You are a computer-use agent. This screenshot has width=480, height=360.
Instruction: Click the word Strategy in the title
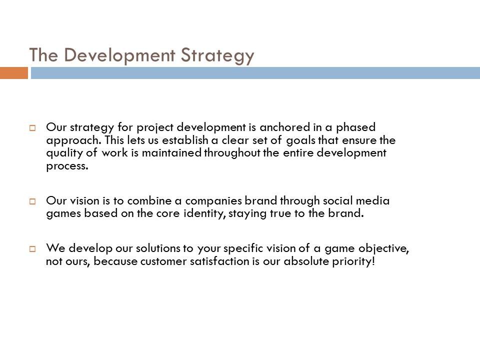pyautogui.click(x=217, y=55)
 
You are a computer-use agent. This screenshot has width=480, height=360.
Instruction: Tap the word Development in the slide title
pyautogui.click(x=119, y=55)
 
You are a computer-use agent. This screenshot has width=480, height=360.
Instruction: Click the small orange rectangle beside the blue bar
pyautogui.click(x=14, y=73)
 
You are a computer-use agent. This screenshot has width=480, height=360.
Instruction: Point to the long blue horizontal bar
pyautogui.click(x=255, y=73)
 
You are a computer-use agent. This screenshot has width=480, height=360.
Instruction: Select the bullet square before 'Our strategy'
pyautogui.click(x=32, y=127)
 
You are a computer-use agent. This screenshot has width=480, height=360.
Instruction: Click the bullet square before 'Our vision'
pyautogui.click(x=32, y=201)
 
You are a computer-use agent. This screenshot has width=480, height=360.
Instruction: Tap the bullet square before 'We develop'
pyautogui.click(x=32, y=248)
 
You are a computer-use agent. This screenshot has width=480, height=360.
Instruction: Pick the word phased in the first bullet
pyautogui.click(x=355, y=127)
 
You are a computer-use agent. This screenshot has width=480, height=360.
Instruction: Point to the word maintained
pyautogui.click(x=171, y=153)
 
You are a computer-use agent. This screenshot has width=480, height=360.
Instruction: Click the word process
pyautogui.click(x=67, y=166)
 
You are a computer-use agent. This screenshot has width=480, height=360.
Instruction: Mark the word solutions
pyautogui.click(x=158, y=248)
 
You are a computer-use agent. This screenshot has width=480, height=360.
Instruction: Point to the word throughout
pyautogui.click(x=232, y=153)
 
